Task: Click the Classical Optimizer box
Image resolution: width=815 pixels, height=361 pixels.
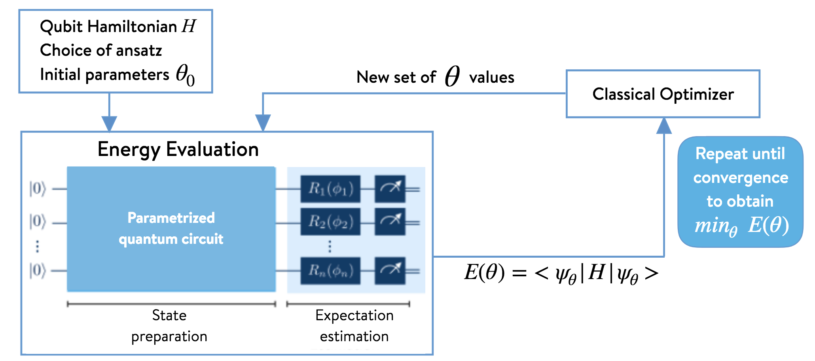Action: point(663,94)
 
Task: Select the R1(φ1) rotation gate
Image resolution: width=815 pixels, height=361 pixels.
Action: point(330,189)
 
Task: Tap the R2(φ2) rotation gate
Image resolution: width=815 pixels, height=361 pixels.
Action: point(330,222)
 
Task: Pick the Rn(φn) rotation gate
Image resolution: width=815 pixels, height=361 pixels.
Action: point(330,271)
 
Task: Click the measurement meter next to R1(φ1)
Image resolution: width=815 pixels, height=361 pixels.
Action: point(390,189)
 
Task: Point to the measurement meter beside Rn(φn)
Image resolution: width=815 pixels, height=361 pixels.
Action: point(390,271)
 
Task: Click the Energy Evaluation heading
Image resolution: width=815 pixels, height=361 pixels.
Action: point(178,150)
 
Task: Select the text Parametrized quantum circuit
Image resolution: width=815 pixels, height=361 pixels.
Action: point(171,228)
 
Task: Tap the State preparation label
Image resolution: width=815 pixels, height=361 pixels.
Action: point(169,325)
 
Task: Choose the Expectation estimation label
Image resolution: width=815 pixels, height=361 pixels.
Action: point(354,325)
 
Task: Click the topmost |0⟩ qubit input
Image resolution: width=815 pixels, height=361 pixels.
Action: point(38,189)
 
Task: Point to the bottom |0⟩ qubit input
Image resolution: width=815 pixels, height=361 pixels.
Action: point(38,271)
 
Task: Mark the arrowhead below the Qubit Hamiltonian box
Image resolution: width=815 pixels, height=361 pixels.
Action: point(109,123)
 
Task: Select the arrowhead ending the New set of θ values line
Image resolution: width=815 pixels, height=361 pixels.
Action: point(263,122)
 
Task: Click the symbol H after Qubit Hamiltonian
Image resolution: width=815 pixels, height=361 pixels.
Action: point(189,27)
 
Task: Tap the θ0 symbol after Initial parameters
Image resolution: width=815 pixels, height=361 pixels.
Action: point(185,75)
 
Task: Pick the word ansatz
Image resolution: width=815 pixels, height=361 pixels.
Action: point(139,51)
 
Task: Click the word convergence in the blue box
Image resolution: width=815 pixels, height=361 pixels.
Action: point(741,178)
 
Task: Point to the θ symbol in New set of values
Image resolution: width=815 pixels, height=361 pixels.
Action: point(452,76)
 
